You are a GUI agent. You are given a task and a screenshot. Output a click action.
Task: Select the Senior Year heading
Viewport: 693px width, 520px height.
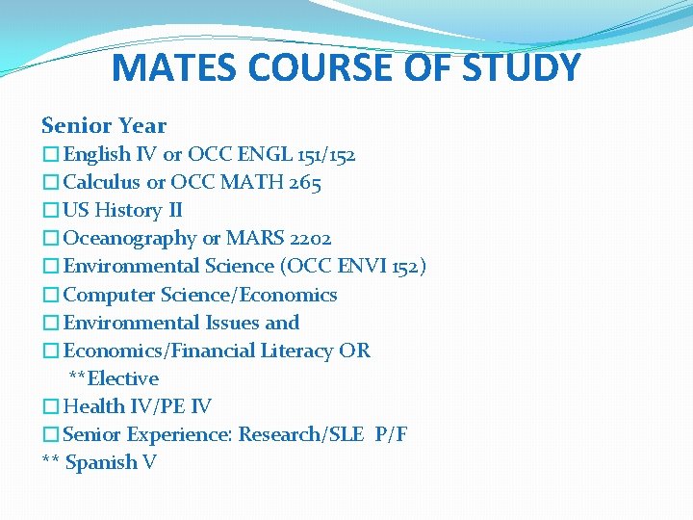click(x=104, y=125)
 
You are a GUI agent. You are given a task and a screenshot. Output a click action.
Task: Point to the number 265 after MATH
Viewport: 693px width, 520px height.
click(x=303, y=182)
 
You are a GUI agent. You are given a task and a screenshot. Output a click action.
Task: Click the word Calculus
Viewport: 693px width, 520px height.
click(x=101, y=182)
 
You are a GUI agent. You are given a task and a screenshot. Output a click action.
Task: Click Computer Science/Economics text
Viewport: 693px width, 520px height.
click(x=200, y=295)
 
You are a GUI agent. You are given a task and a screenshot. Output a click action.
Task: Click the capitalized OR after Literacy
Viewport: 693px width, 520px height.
click(x=354, y=351)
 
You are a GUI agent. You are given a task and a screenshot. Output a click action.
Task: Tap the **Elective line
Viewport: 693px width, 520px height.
click(x=114, y=378)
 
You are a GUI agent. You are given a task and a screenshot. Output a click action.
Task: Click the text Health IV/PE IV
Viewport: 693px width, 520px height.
click(x=137, y=406)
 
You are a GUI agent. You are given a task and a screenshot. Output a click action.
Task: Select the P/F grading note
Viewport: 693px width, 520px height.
click(x=391, y=434)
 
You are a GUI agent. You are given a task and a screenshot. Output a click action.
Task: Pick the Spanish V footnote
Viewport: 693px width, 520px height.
click(x=99, y=462)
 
